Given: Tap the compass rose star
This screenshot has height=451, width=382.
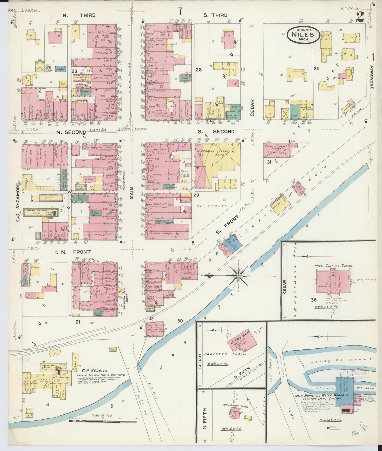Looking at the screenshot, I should (x=238, y=276).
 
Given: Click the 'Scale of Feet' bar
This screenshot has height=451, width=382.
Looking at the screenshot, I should (x=103, y=421).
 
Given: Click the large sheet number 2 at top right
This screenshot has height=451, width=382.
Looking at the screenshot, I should (x=360, y=17).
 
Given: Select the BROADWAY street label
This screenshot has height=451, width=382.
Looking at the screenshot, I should (x=372, y=77).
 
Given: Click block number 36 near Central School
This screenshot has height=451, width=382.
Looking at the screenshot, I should (x=314, y=300).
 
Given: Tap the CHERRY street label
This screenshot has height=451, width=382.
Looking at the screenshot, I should (x=200, y=361).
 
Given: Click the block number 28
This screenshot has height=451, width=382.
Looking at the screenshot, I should (x=199, y=70).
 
